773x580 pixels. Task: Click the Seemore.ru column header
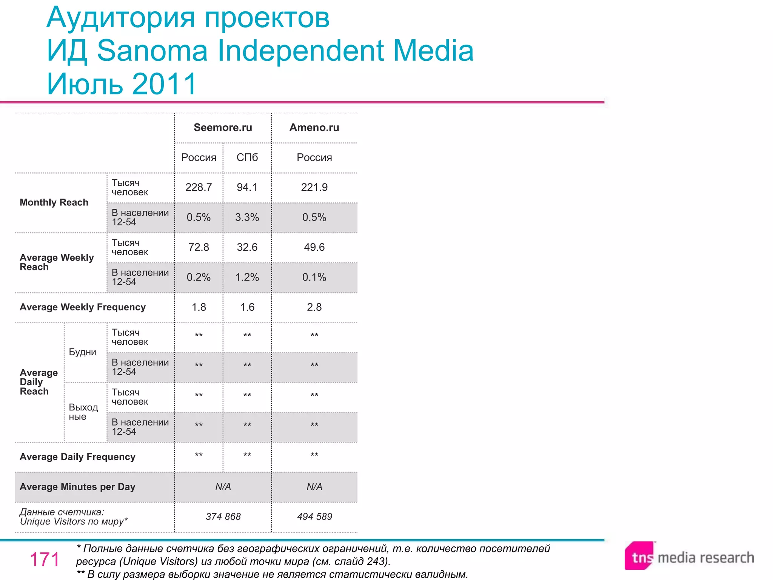tap(223, 128)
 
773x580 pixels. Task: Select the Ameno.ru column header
tap(314, 128)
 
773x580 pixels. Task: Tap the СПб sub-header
tap(247, 157)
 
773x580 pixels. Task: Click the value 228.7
tap(199, 187)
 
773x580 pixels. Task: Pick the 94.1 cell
tap(247, 187)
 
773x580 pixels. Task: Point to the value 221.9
tap(314, 187)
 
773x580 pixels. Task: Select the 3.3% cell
tap(247, 217)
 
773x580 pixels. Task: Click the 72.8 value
tap(199, 247)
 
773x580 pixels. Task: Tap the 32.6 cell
tap(247, 247)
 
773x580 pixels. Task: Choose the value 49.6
tap(314, 247)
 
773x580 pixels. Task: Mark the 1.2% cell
tap(247, 278)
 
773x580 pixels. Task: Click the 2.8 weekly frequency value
tap(314, 307)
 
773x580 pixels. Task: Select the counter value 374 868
tap(223, 517)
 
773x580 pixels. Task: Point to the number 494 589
tap(314, 517)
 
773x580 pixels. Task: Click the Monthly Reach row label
tap(54, 202)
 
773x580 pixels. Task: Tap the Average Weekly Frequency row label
tap(83, 307)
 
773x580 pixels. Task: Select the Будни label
tap(82, 352)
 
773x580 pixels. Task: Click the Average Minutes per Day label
tap(77, 487)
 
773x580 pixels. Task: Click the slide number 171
tap(45, 559)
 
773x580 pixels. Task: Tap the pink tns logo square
tap(639, 556)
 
